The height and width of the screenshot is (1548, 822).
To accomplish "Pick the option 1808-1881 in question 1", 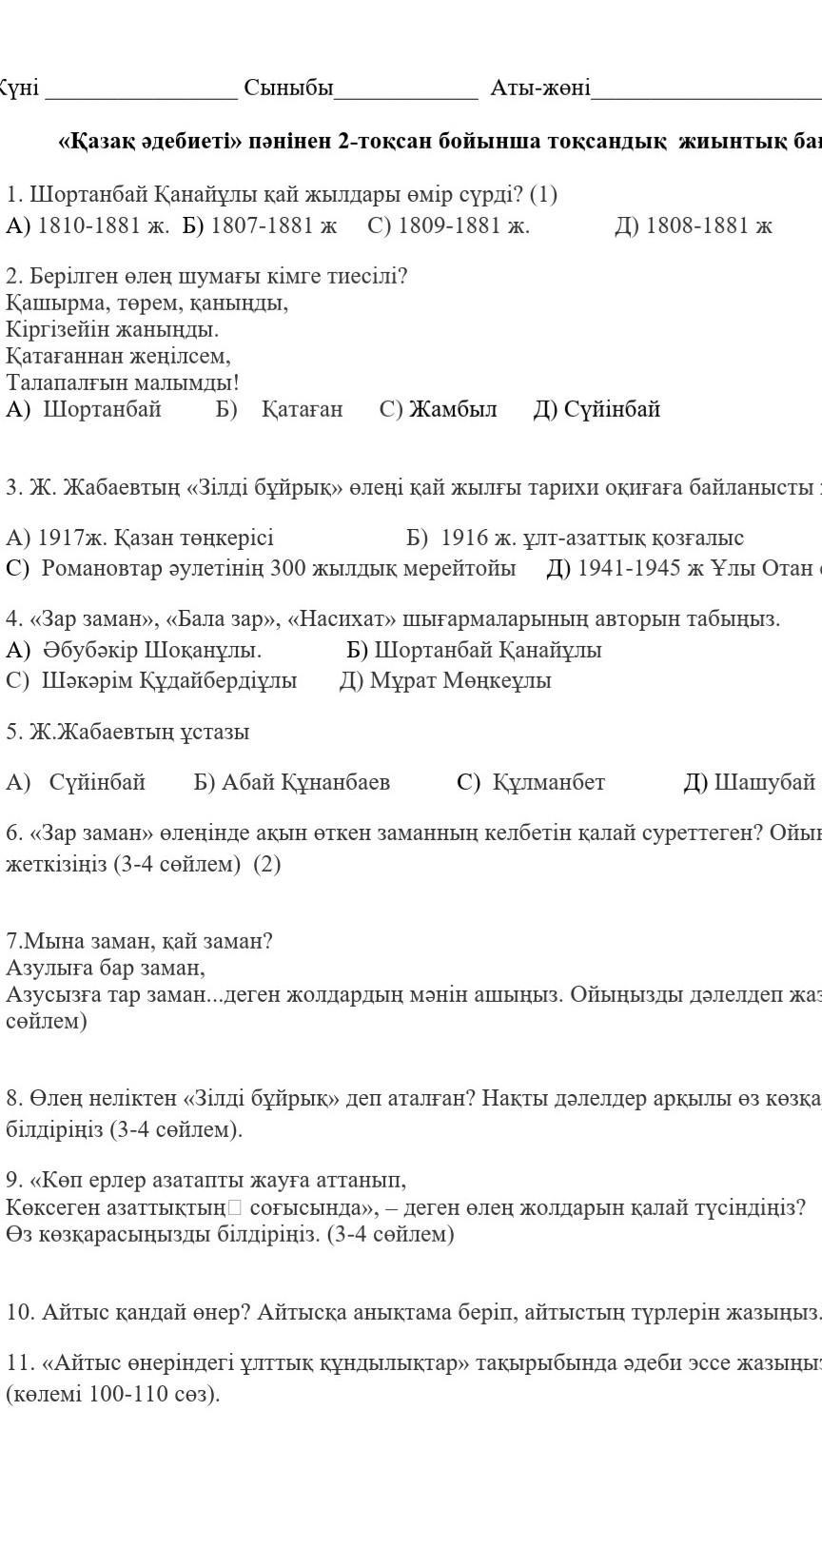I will click(x=694, y=225).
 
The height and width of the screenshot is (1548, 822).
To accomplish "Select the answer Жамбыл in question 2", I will click(x=453, y=409).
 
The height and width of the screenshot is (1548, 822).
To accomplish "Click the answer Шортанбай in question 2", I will click(x=102, y=409).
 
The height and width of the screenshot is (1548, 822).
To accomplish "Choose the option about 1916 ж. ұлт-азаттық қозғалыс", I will click(x=575, y=538).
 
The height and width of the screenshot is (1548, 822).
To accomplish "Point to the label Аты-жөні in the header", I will click(x=539, y=88).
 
